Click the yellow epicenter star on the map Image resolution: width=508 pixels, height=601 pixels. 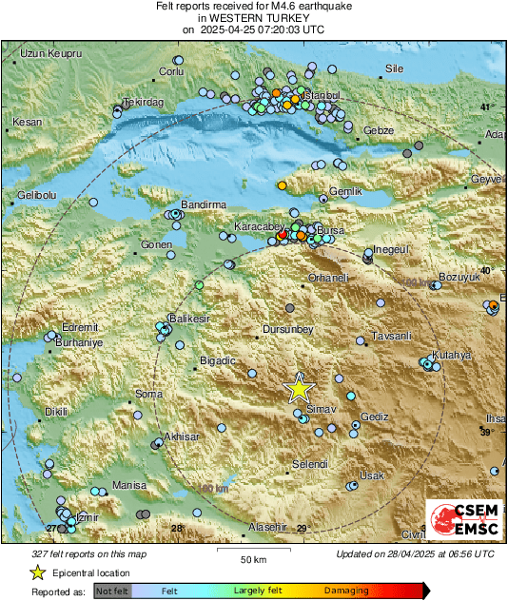tap(299, 388)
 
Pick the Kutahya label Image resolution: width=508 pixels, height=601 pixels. tap(452, 355)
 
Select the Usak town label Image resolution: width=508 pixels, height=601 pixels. tap(370, 475)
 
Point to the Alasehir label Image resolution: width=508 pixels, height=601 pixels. tap(266, 527)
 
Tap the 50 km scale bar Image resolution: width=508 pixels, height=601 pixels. tap(252, 550)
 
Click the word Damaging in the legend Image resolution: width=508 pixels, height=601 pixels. tap(347, 591)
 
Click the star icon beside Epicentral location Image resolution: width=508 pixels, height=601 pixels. tap(37, 572)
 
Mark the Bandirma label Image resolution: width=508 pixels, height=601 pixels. tap(203, 204)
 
